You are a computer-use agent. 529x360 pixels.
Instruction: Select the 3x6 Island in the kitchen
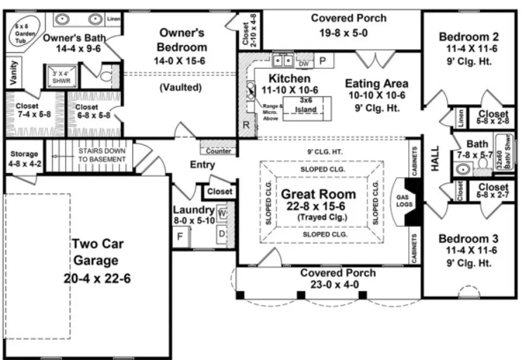coord(306,106)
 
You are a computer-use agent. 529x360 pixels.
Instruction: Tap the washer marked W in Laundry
coord(222,213)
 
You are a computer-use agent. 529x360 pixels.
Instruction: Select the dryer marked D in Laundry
coord(222,235)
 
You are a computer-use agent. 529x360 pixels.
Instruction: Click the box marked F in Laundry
coord(180,236)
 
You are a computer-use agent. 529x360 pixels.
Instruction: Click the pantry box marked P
coord(322,61)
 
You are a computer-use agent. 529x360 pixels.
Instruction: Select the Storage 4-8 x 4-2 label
coord(24,158)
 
